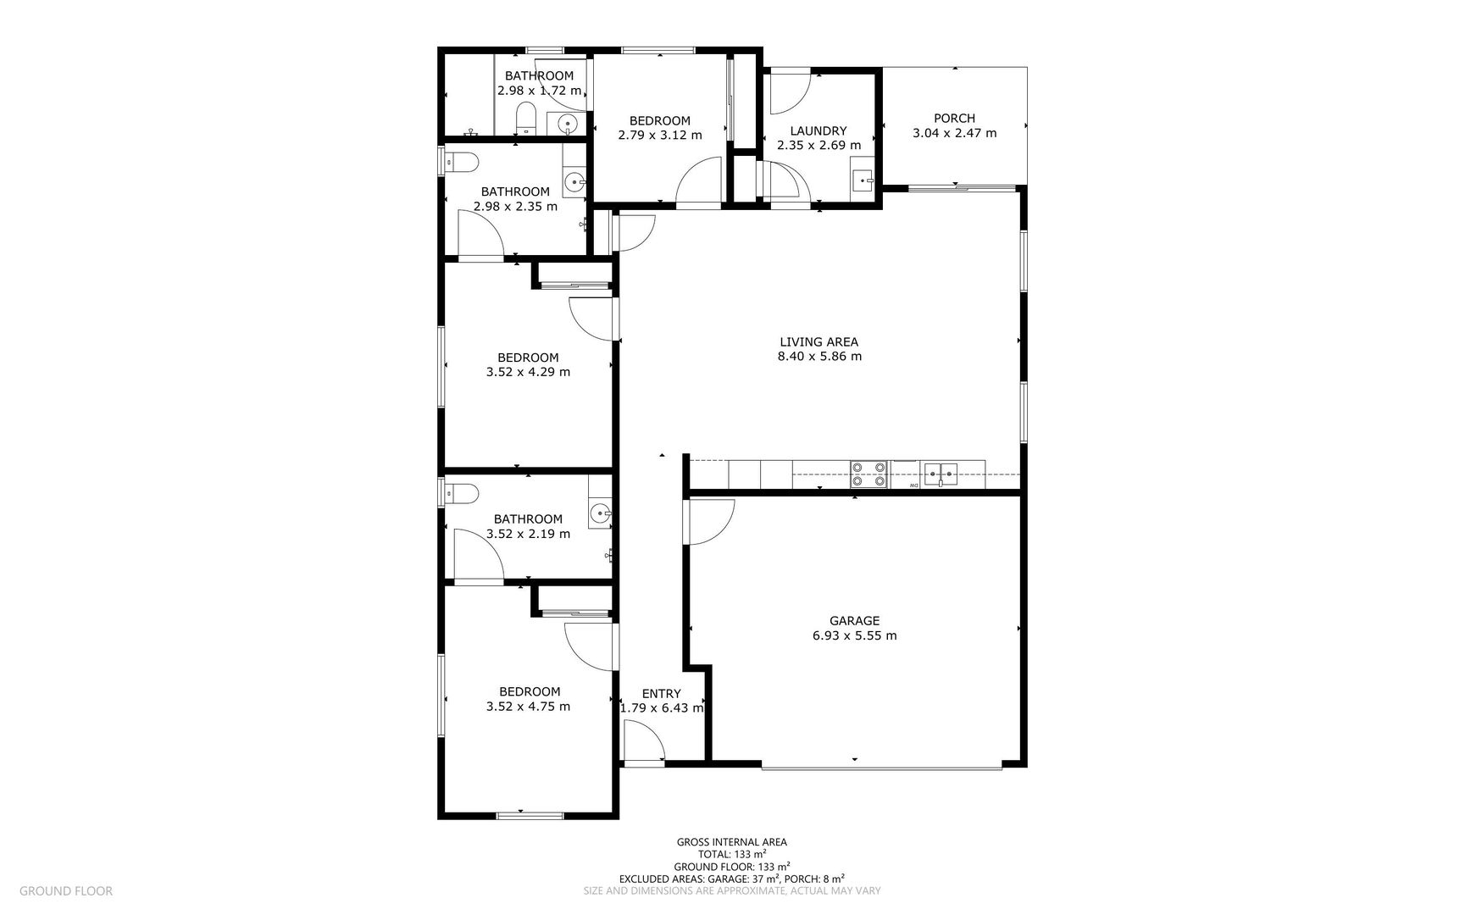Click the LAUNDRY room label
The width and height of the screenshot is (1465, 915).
pos(818,131)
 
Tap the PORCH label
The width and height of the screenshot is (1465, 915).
pos(954,119)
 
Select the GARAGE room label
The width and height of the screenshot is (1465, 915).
pos(854,621)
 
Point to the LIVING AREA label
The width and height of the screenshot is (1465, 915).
pos(819,342)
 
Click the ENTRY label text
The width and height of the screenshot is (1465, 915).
pos(661,694)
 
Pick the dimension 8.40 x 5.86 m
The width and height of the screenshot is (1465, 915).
pos(819,357)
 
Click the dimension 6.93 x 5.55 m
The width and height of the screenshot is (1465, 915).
pos(854,635)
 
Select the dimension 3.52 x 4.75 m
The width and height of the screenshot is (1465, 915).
pos(528,707)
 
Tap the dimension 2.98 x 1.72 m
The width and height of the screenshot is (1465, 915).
pos(539,91)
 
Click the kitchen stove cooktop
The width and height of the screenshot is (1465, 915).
pos(868,474)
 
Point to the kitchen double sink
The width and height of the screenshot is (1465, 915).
pos(941,473)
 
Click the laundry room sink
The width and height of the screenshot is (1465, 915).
pos(863,180)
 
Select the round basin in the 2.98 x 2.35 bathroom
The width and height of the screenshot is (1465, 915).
pos(575,180)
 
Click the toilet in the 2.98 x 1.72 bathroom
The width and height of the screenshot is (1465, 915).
pos(525,116)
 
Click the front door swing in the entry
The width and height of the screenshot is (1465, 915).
pos(642,746)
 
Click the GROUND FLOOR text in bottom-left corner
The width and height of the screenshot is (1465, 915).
pos(65,890)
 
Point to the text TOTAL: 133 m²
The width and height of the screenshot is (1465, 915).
pos(732,855)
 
